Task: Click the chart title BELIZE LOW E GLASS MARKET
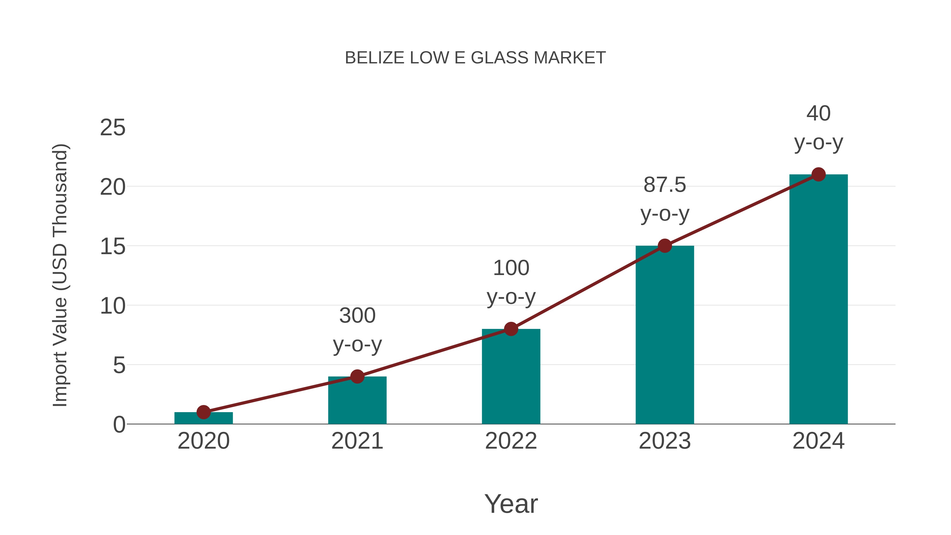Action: [475, 58]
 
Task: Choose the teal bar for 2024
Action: [818, 299]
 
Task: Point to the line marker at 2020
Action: [203, 412]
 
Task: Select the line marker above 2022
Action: [511, 329]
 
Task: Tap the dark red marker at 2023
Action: [665, 245]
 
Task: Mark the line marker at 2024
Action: [818, 174]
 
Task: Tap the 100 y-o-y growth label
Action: [511, 282]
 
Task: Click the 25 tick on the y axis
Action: [113, 128]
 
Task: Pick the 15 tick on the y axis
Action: [113, 246]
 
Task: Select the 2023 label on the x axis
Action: [665, 441]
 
